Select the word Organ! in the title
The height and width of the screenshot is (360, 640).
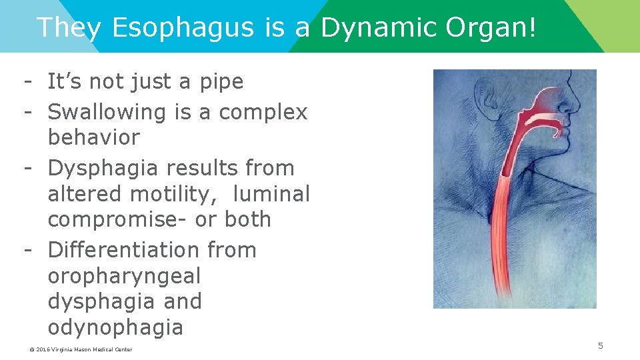click(x=493, y=28)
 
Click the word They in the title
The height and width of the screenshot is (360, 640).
click(x=69, y=28)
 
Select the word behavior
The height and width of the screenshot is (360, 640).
click(x=94, y=138)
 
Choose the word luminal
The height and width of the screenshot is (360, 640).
click(x=273, y=195)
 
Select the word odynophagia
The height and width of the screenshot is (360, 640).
click(x=115, y=328)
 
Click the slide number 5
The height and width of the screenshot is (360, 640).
click(x=600, y=345)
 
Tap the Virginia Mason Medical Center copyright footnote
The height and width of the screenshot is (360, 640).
click(x=80, y=349)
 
